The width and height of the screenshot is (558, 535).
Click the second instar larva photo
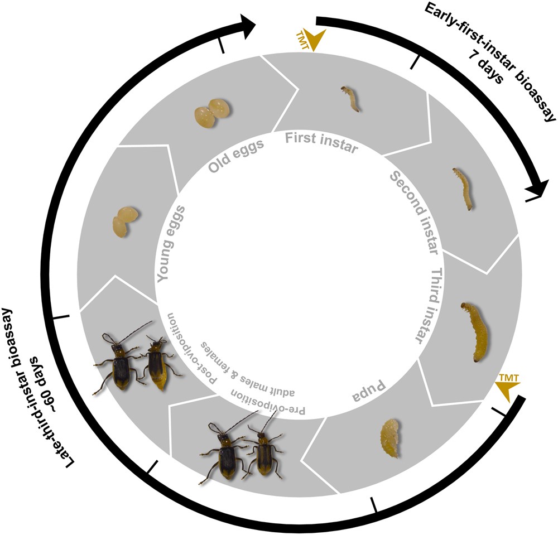pyautogui.click(x=464, y=188)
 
